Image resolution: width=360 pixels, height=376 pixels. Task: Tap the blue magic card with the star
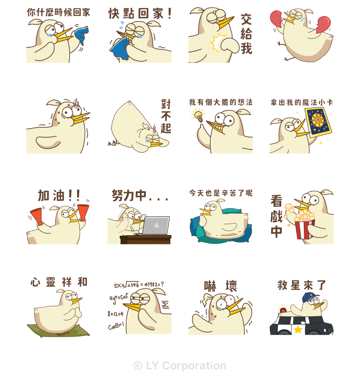pos(318,122)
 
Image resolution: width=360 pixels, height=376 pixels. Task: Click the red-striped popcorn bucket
pos(304,229)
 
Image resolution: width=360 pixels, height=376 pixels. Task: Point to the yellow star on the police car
pos(298,329)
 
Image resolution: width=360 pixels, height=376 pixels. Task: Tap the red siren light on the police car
pos(283,310)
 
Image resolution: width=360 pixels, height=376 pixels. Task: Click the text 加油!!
pos(59,195)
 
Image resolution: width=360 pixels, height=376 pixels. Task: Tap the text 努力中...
pos(129,195)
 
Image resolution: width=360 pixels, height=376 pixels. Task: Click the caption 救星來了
pos(301,285)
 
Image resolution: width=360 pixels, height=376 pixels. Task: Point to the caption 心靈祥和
pos(59,282)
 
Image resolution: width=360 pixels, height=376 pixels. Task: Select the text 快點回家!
pos(140,13)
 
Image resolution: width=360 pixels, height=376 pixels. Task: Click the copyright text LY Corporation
pos(180,365)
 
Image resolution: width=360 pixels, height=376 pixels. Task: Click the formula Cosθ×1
pos(116,326)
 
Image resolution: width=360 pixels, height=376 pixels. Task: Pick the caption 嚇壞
pos(220,286)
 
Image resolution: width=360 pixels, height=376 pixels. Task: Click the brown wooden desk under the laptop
pos(145,239)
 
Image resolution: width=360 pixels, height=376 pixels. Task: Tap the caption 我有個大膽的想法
pos(220,102)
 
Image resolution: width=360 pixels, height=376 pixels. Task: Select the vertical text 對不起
pos(166,116)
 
